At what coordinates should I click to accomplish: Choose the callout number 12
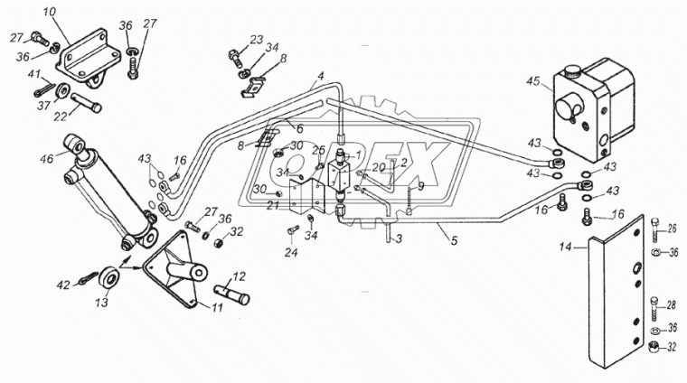click(x=240, y=277)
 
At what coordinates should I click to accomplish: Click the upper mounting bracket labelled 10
click(x=87, y=59)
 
